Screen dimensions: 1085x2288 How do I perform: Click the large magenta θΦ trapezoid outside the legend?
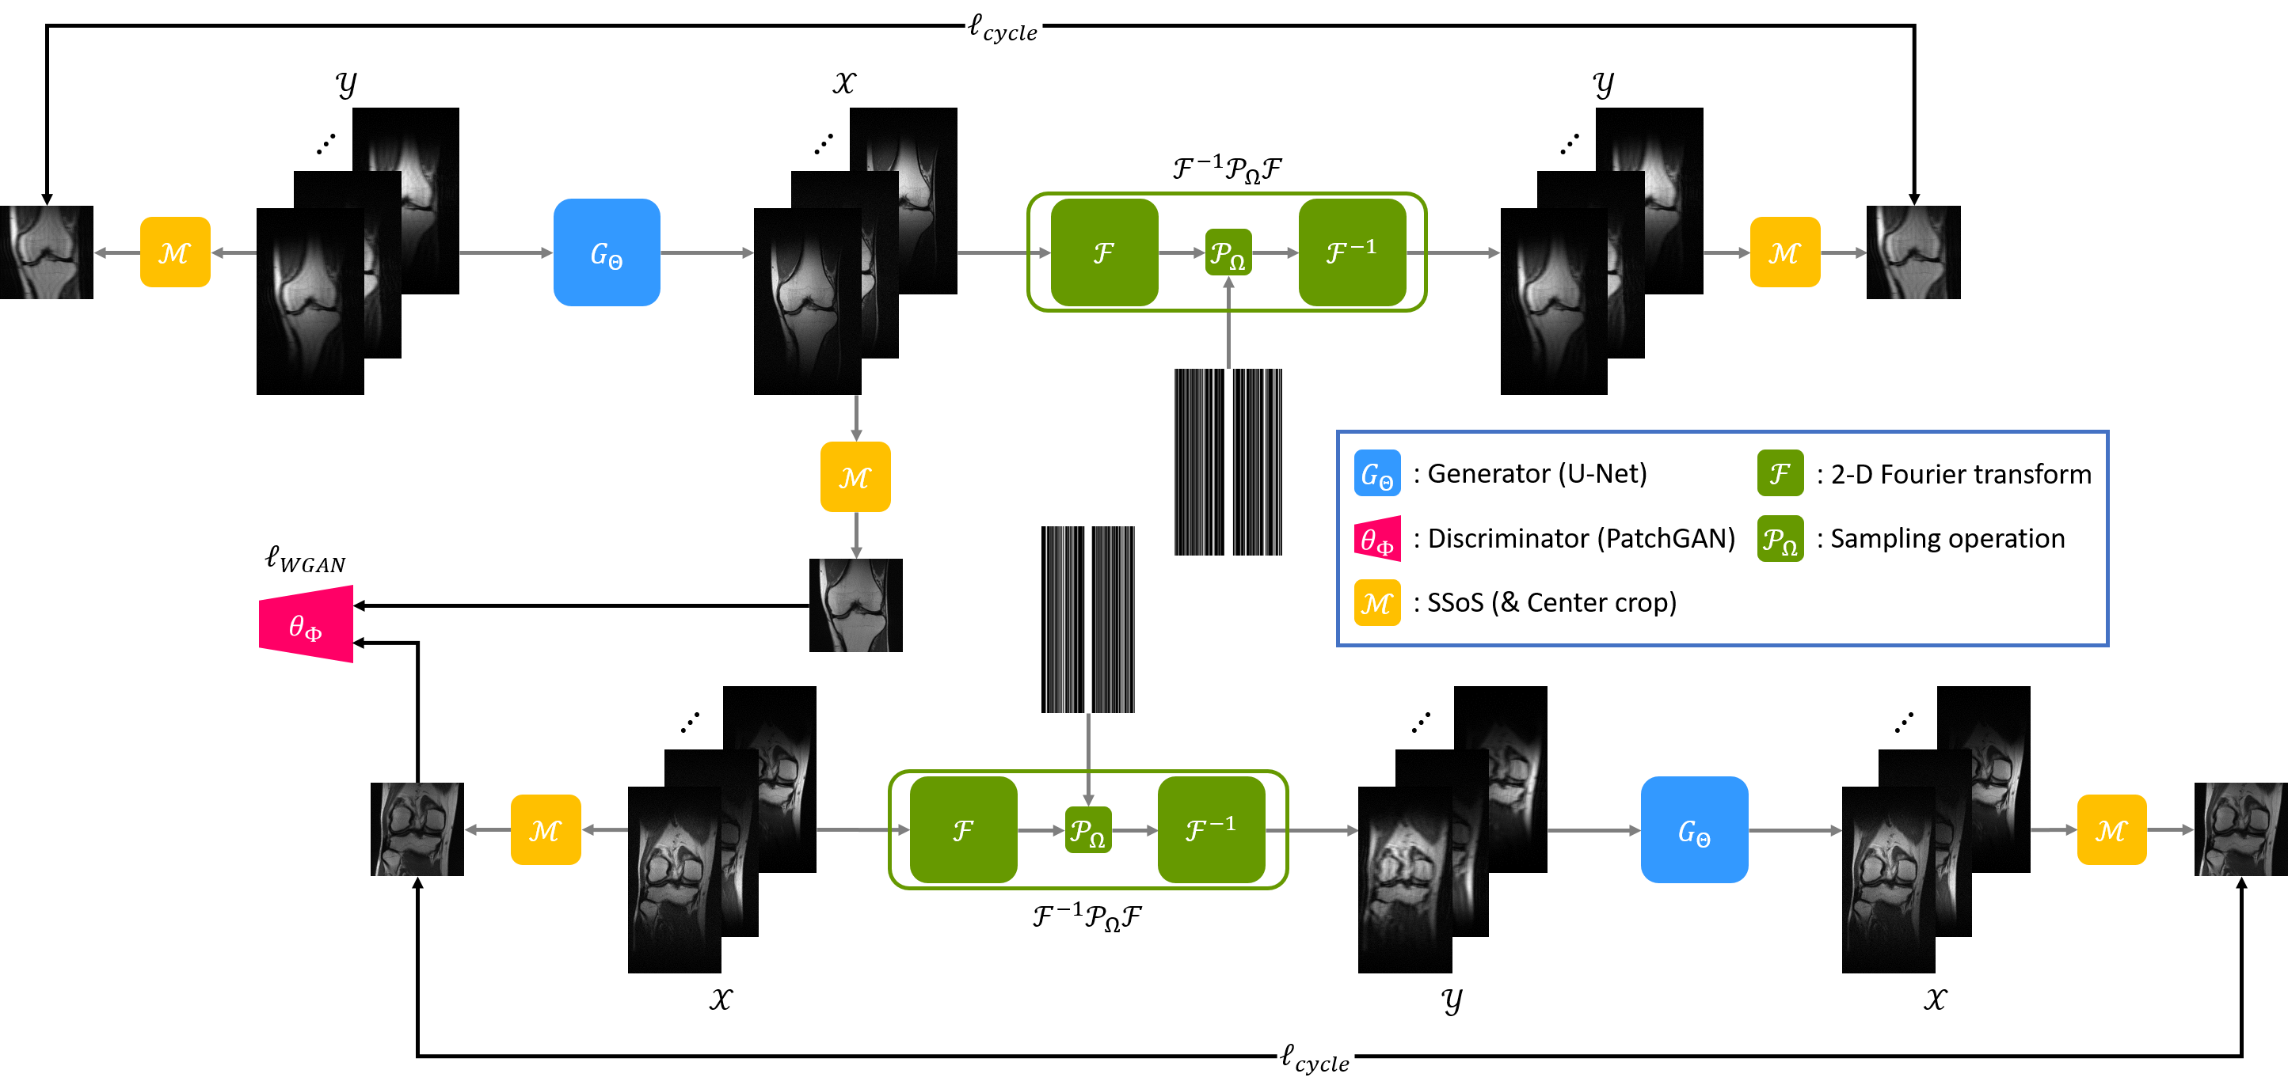coord(306,624)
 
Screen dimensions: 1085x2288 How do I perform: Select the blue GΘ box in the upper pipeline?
coord(607,253)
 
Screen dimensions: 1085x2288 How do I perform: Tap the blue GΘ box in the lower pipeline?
coord(1694,830)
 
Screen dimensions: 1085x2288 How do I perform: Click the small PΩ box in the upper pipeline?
coord(1228,253)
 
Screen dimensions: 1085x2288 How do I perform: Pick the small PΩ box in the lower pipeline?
coord(1088,830)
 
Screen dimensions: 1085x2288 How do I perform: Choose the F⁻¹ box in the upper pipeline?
coord(1352,253)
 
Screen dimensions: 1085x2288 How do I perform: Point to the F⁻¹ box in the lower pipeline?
coord(1212,830)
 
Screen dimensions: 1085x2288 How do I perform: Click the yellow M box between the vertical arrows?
coord(855,476)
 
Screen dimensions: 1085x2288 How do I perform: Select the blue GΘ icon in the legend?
coord(1376,473)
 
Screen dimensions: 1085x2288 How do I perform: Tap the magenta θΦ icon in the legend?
coord(1377,539)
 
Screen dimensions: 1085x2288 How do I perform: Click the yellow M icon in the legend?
coord(1376,603)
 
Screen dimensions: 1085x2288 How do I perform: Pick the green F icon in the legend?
coord(1780,473)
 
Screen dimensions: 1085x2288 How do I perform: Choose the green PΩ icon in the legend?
coord(1780,539)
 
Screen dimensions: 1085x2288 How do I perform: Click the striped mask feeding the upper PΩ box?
coord(1228,461)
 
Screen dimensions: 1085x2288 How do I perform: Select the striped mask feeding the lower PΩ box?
coord(1090,620)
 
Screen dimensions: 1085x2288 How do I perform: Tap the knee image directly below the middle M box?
coord(855,605)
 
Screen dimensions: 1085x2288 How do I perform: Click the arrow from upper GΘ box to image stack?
coord(707,253)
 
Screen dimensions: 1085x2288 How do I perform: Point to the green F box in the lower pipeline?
coord(964,830)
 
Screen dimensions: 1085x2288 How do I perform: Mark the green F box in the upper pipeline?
coord(1104,253)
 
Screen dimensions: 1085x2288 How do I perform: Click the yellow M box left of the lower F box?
coord(546,830)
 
